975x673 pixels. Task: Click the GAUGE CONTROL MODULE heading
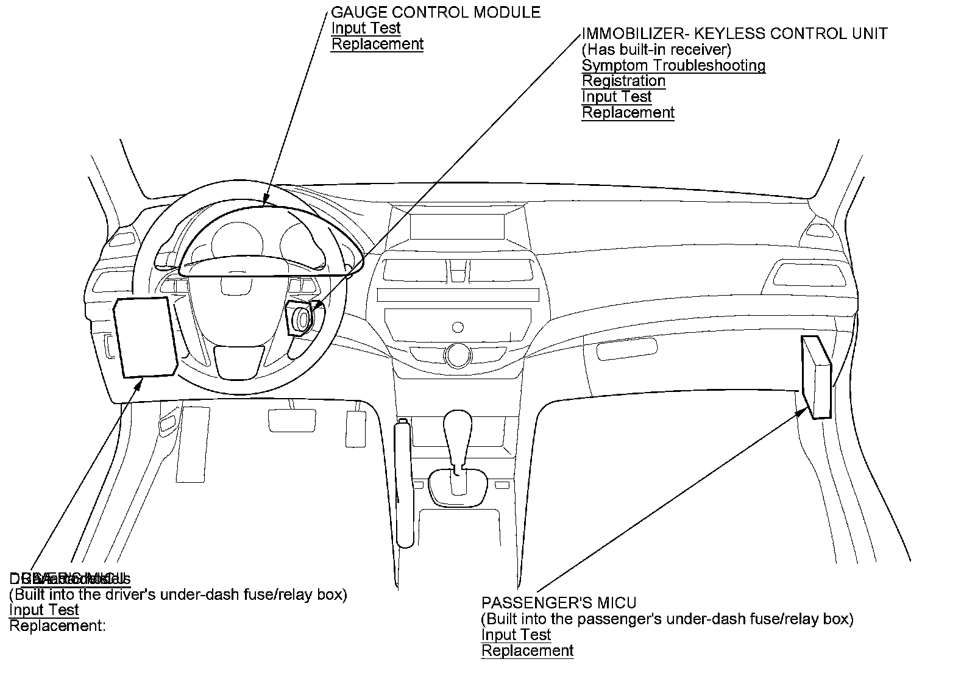point(435,12)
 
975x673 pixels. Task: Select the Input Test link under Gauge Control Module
point(366,28)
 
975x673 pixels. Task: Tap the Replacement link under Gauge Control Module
point(377,44)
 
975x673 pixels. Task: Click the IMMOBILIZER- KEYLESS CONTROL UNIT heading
point(734,34)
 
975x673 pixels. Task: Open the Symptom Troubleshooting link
point(673,65)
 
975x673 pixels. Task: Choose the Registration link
point(623,81)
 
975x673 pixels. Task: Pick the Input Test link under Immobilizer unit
point(617,97)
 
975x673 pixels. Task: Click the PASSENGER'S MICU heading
point(559,604)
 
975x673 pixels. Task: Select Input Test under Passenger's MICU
point(516,635)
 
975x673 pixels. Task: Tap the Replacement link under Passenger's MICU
point(528,651)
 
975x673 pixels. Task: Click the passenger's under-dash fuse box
point(816,378)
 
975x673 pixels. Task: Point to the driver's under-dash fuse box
point(145,338)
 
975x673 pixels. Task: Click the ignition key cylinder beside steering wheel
point(302,319)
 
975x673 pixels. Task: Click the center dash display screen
point(457,227)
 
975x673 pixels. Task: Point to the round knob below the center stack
point(456,354)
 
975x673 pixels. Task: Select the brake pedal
point(292,420)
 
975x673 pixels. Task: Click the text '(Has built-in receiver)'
point(656,49)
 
